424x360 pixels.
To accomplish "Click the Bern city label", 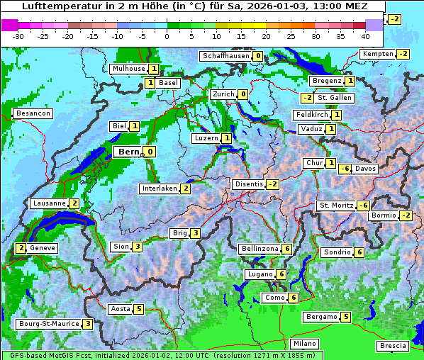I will [x=129, y=152].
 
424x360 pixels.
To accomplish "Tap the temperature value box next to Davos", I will [x=345, y=169].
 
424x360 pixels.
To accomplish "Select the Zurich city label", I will [x=223, y=94].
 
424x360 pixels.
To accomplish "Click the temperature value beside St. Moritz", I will [x=363, y=206].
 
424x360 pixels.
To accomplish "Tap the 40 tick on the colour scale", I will [x=365, y=35].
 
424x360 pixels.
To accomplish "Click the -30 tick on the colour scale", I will [x=18, y=35].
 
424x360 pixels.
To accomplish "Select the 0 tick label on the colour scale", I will [x=167, y=35].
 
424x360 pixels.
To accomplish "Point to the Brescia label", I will [x=393, y=345].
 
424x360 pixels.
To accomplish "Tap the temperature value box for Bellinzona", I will [x=286, y=249].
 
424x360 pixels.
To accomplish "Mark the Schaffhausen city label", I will [x=225, y=56].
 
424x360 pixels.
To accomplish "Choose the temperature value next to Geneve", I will [x=21, y=248].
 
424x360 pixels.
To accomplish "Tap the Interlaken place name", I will [x=160, y=189].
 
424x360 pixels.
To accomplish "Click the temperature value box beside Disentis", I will [x=272, y=184].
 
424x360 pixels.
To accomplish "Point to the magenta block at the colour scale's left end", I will [x=10, y=24].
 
